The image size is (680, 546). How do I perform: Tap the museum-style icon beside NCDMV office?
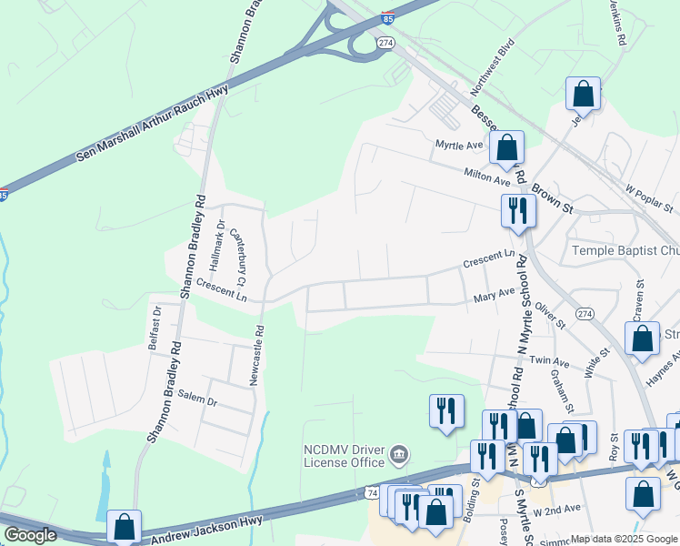tap(398, 454)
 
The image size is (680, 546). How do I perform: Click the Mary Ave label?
tap(495, 297)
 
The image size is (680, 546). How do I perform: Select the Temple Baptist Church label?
tap(625, 250)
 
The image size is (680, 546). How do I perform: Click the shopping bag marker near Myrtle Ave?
tap(507, 148)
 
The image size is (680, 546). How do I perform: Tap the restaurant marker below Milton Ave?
tap(517, 211)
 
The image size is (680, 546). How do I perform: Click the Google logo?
tap(29, 535)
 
